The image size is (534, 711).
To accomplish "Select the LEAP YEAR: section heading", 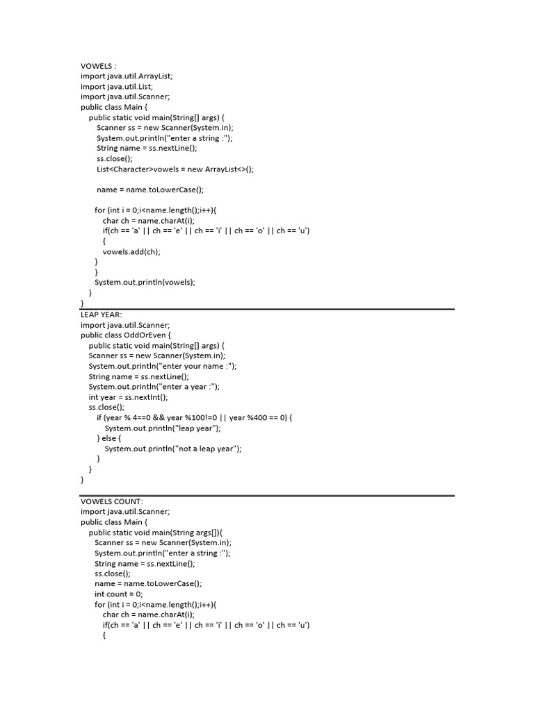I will point(102,315).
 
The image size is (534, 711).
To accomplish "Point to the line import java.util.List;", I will point(116,87).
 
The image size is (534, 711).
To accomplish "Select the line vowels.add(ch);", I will point(131,251).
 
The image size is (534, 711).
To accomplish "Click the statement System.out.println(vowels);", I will point(145,282).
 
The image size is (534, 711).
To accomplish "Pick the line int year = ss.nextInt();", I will point(129,396).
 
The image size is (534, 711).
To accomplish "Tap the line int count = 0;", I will point(119,594).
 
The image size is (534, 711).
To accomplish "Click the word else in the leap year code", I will point(111,438).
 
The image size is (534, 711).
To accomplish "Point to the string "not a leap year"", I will point(207,449).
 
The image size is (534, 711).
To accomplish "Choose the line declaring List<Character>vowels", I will point(175,169).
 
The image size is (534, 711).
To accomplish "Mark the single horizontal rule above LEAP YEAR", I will point(267,309).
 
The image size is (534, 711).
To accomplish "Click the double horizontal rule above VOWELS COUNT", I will point(267,496).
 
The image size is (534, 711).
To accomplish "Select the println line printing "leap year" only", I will point(168,428).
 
